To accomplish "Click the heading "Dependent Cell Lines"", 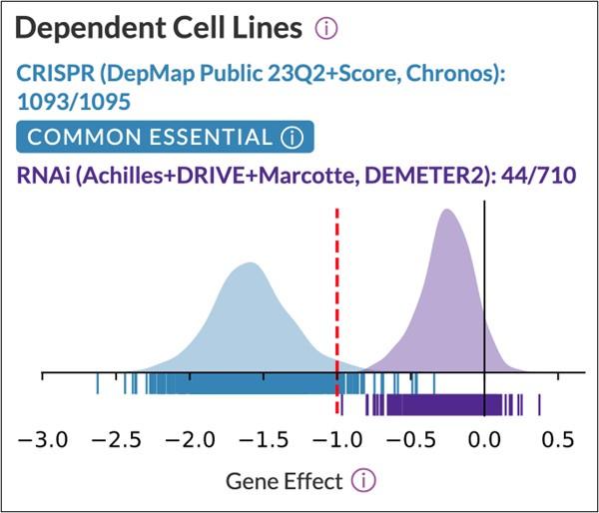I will point(160,30).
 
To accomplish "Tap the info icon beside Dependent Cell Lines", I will point(325,30).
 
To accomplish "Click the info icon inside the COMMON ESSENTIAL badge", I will point(291,138).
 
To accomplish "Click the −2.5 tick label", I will point(117,439).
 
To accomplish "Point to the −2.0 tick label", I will point(190,439).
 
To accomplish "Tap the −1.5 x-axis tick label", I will point(264,439).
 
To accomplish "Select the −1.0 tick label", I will point(337,439).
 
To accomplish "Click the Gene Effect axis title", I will point(284,481).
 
